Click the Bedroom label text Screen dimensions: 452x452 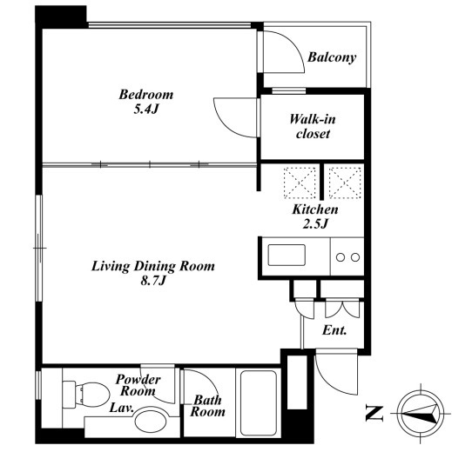[x=146, y=95]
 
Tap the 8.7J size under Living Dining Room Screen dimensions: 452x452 [x=153, y=281]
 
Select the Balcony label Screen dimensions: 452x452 [x=332, y=57]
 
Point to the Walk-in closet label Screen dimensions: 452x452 [x=313, y=127]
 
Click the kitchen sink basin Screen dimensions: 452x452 [x=287, y=255]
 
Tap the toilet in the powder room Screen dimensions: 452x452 [x=86, y=395]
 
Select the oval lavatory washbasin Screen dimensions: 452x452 [x=152, y=422]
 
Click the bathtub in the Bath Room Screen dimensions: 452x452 [x=258, y=402]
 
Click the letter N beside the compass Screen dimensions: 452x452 [x=374, y=414]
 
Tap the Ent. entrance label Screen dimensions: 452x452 [x=334, y=330]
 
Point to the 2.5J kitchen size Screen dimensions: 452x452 [x=315, y=223]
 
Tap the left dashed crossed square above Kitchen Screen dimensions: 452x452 [x=300, y=183]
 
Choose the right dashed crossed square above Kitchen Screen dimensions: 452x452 [x=345, y=183]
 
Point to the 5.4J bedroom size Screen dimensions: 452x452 [x=146, y=110]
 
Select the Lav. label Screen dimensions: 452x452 [x=121, y=408]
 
